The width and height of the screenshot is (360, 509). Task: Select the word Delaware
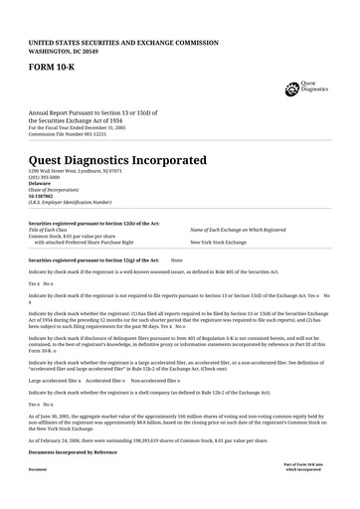40,182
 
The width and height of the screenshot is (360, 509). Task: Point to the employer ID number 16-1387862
43,195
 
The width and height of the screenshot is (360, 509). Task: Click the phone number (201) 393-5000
45,176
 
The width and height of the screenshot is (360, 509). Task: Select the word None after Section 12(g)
177,258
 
